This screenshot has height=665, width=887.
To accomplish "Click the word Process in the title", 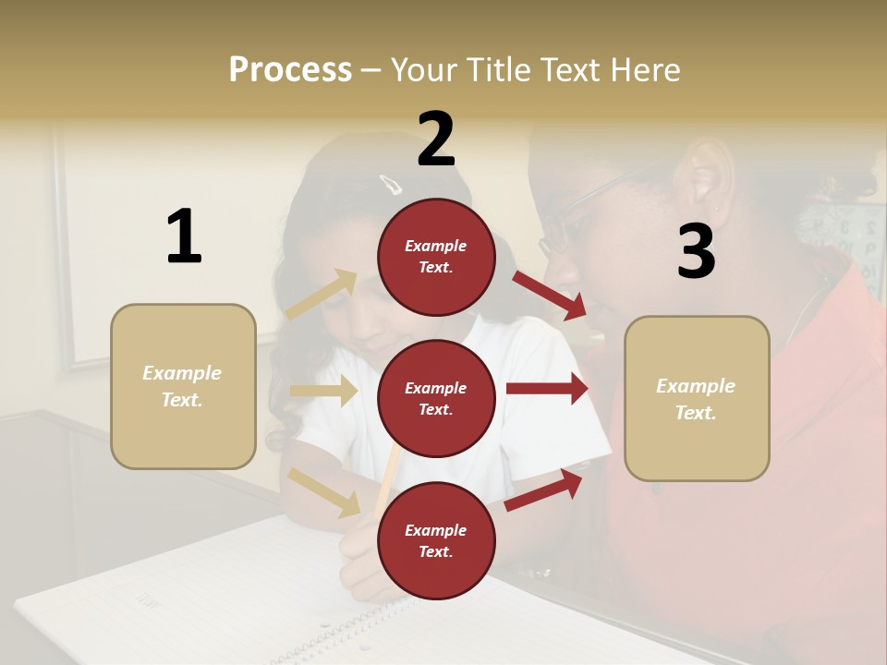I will click(x=290, y=69).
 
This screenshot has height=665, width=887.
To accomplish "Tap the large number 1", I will click(x=184, y=236).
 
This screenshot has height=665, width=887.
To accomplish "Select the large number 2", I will click(x=436, y=139).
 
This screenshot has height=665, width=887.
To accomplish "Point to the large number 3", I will click(x=696, y=251).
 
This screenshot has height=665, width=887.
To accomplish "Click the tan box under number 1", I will click(x=183, y=386).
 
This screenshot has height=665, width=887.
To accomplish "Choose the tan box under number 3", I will click(x=697, y=398).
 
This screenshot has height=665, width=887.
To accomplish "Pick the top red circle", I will click(x=436, y=257).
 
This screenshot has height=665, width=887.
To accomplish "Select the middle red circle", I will click(x=436, y=398).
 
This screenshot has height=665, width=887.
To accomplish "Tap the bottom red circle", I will click(x=436, y=540).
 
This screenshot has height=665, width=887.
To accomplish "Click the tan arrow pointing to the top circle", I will click(x=322, y=295).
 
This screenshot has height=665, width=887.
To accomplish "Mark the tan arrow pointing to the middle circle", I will click(x=323, y=391).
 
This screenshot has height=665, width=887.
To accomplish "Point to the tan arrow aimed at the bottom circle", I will click(x=324, y=491).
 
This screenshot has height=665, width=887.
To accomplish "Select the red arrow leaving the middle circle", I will click(x=546, y=388).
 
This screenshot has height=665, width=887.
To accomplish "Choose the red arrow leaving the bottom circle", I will click(x=544, y=490).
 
